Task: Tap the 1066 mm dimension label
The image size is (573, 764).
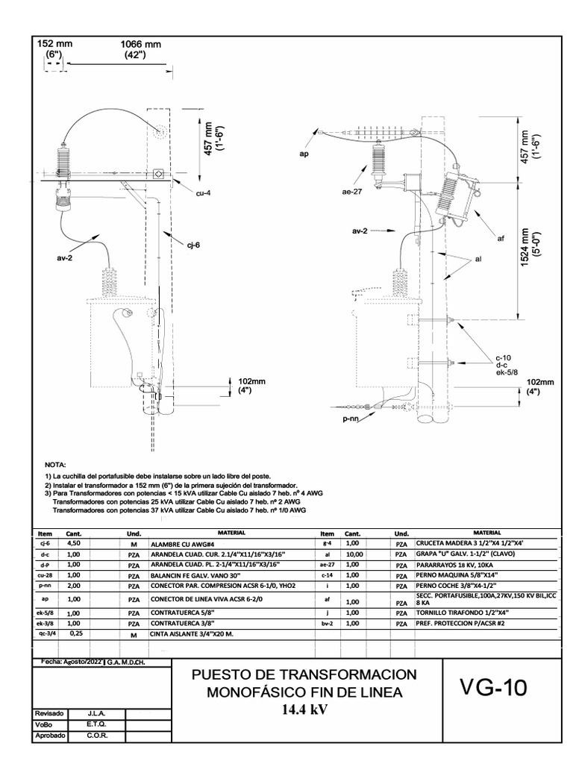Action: pyautogui.click(x=141, y=45)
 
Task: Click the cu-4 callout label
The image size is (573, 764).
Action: pyautogui.click(x=204, y=193)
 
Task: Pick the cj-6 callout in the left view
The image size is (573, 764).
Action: pyautogui.click(x=193, y=243)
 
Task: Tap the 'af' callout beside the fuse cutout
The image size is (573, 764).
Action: pyautogui.click(x=501, y=239)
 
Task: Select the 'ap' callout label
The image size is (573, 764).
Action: pyautogui.click(x=304, y=154)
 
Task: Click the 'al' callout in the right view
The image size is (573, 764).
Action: pyautogui.click(x=478, y=258)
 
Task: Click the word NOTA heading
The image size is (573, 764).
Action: pyautogui.click(x=56, y=464)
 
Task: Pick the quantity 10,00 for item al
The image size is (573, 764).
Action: pyautogui.click(x=354, y=554)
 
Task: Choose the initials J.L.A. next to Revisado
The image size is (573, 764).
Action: pyautogui.click(x=95, y=713)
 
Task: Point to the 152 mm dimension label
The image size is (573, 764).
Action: pyautogui.click(x=54, y=45)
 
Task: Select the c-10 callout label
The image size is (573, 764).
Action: pyautogui.click(x=501, y=357)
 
